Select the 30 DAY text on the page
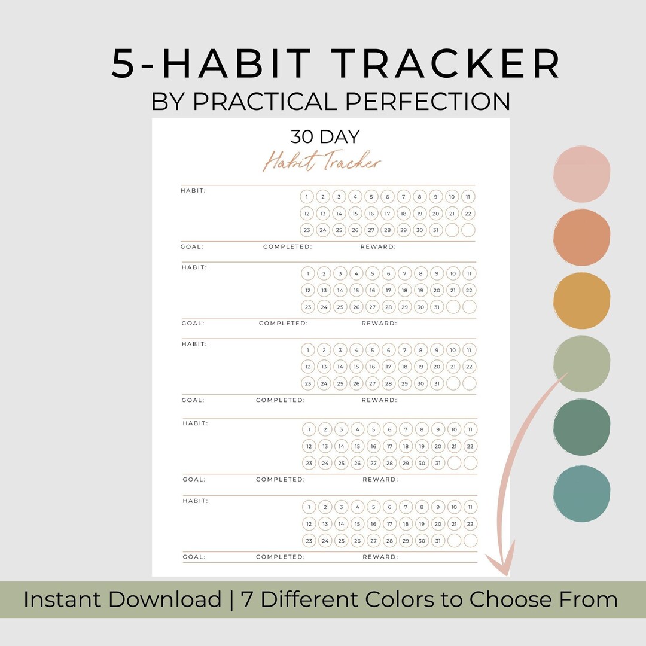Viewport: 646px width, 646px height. [325, 137]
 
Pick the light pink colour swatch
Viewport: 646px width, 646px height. [581, 174]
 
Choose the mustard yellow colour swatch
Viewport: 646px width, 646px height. [581, 301]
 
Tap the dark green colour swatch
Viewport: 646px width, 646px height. [581, 428]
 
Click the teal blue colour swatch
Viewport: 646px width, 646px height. [581, 493]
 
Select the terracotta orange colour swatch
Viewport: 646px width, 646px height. [581, 237]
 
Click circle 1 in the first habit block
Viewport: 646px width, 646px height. [307, 197]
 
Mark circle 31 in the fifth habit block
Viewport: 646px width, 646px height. [437, 541]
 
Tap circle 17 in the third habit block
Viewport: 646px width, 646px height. [389, 367]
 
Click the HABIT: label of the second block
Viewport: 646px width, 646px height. [194, 267]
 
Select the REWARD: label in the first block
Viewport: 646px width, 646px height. [378, 246]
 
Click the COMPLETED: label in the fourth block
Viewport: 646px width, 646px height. [281, 479]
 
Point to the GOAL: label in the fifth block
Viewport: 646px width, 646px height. [194, 557]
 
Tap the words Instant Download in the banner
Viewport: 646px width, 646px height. [122, 599]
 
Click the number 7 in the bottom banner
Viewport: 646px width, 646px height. [247, 599]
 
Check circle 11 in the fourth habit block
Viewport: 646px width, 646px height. [470, 429]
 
